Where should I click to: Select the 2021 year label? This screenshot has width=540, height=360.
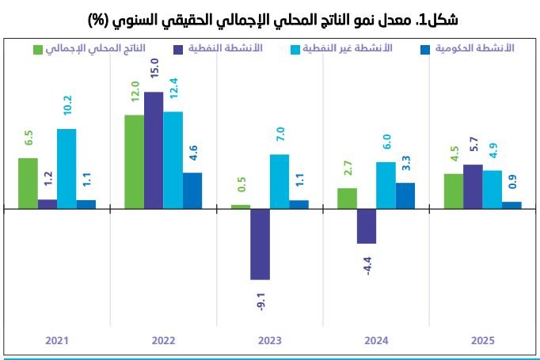tap(57, 341)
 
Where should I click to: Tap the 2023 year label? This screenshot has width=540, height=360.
tap(270, 341)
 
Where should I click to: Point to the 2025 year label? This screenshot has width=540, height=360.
tap(483, 341)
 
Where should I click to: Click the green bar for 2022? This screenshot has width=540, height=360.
tap(135, 162)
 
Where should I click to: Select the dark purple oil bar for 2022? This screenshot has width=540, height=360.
tap(154, 150)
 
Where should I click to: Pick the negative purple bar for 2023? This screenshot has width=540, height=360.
tap(260, 244)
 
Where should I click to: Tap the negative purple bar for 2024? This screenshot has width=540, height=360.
tap(366, 226)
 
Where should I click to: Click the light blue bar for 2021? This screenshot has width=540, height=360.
tap(67, 169)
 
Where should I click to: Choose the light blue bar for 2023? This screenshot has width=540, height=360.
tap(280, 181)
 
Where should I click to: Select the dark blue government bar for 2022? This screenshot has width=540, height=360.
tap(192, 191)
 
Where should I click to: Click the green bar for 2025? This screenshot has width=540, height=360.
tap(453, 191)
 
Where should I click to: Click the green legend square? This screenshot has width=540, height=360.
tap(38, 50)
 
